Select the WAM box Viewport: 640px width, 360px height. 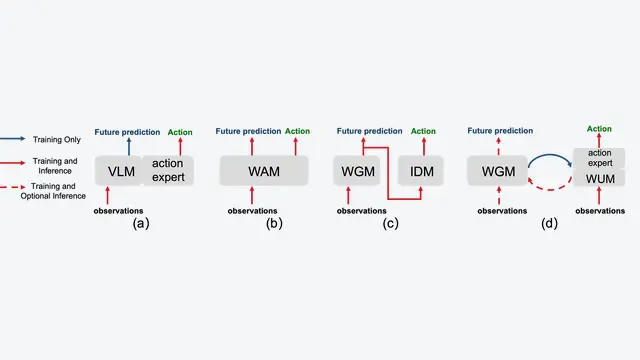(x=264, y=171)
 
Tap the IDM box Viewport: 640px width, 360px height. (x=421, y=171)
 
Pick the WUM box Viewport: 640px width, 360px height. (x=599, y=178)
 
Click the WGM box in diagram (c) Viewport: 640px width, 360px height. (x=357, y=171)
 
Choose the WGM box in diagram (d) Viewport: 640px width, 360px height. (x=498, y=171)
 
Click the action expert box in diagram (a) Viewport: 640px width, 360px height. (x=168, y=171)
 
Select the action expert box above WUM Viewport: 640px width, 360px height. (x=599, y=158)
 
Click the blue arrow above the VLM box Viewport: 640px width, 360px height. (x=129, y=147)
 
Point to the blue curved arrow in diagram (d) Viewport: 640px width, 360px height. (x=550, y=155)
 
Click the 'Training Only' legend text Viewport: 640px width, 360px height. (x=57, y=140)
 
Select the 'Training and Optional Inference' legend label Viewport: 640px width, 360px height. (x=53, y=191)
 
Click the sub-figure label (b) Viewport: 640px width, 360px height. (x=274, y=223)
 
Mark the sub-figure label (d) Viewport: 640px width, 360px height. (x=549, y=223)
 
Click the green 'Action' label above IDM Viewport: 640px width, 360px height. (x=423, y=131)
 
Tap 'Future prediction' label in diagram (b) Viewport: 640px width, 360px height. (x=248, y=131)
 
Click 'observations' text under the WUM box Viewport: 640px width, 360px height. (x=600, y=211)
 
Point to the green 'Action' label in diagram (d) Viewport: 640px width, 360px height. (x=599, y=129)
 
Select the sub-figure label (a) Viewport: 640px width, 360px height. (x=141, y=223)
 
